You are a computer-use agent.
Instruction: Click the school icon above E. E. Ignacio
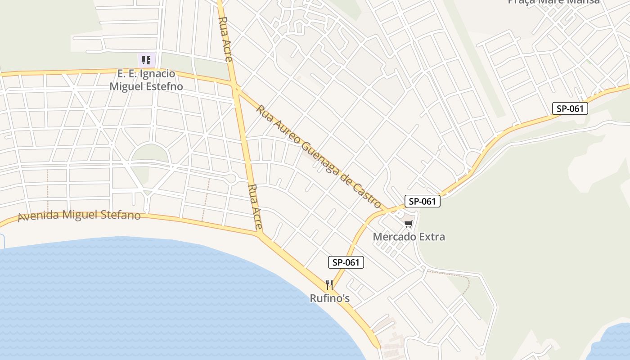[x=146, y=60]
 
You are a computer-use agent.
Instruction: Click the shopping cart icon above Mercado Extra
[x=408, y=224]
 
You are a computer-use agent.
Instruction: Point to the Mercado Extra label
[x=409, y=237]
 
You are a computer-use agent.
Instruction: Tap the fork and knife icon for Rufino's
[x=329, y=284]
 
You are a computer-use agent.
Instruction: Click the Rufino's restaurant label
[x=329, y=298]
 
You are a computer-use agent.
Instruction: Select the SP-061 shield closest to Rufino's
[x=346, y=262]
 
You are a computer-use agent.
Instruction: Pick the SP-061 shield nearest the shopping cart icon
[x=422, y=201]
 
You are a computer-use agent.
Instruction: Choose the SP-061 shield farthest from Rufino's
[x=570, y=108]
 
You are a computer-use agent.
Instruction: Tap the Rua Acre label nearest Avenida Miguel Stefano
[x=255, y=207]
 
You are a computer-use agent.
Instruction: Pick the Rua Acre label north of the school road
[x=225, y=33]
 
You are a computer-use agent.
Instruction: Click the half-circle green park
[x=150, y=154]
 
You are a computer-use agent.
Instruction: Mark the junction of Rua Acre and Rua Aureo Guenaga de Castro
[x=235, y=85]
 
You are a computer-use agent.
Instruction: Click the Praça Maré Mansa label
[x=553, y=2]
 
